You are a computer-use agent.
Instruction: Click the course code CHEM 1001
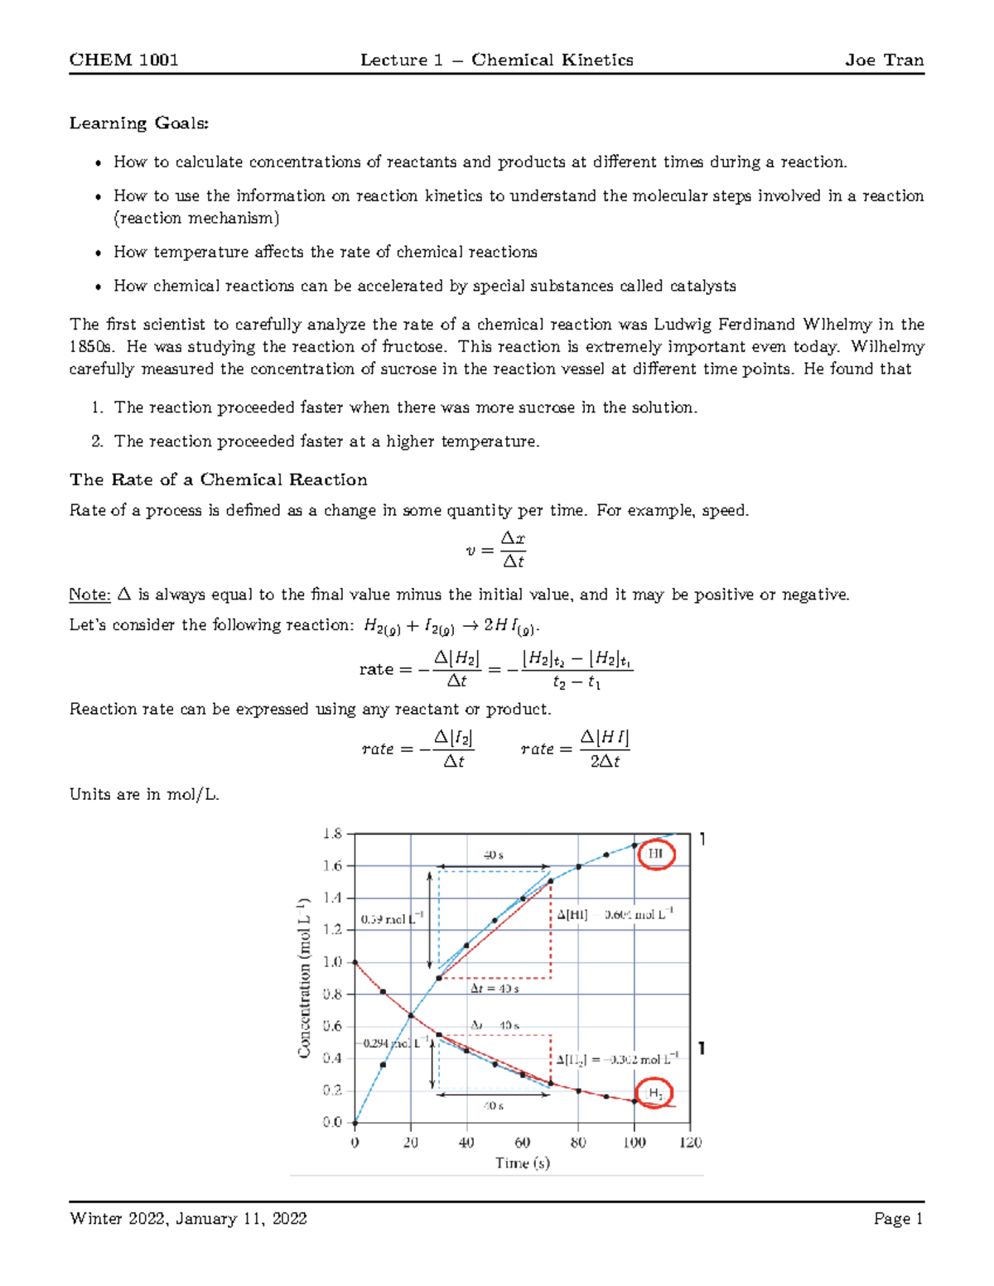123,60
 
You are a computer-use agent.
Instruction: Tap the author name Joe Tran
884,60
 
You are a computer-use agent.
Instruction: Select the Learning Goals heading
139,123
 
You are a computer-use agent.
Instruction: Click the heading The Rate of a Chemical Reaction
219,479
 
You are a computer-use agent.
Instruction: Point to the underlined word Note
89,595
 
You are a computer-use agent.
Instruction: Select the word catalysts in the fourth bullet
702,286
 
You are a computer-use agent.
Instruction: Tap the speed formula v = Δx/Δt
496,550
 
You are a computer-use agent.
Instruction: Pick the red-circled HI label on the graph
655,854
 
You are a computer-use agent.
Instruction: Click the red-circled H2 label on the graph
655,1093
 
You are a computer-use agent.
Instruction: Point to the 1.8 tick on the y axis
332,835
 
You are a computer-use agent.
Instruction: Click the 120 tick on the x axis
690,1143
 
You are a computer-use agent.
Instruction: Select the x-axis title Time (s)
523,1163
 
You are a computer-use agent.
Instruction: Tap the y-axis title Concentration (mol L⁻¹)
304,978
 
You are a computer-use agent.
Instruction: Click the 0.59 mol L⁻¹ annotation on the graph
393,919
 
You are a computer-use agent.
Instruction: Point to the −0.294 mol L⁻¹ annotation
393,1043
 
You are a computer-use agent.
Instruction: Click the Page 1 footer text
898,1218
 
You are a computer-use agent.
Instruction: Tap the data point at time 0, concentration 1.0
355,962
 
